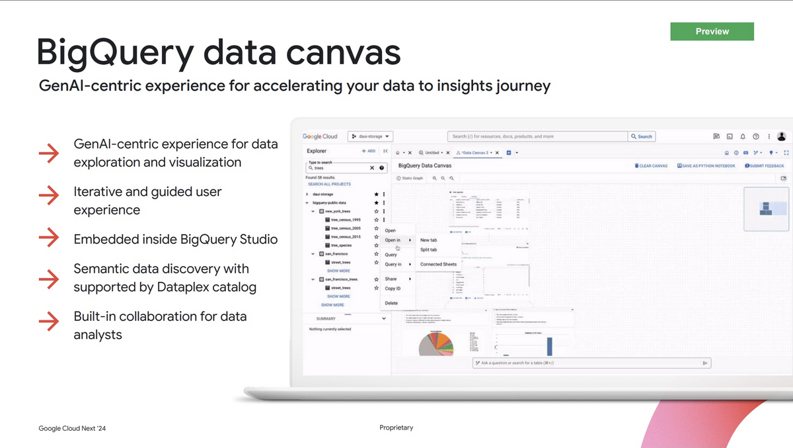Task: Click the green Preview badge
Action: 712,31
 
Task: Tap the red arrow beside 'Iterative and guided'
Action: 49,196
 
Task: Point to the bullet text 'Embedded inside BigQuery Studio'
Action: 175,239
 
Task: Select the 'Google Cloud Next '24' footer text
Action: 72,429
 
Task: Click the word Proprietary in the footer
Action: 397,427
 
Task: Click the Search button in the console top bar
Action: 641,136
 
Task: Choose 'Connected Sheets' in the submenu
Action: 438,264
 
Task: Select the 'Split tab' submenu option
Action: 428,249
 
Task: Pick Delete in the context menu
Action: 391,303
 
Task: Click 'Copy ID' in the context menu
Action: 393,289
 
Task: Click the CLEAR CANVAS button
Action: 651,165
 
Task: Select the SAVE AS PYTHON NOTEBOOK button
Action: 706,165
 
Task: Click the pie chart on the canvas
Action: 436,344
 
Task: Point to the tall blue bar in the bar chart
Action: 548,345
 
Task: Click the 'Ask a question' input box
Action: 588,363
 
